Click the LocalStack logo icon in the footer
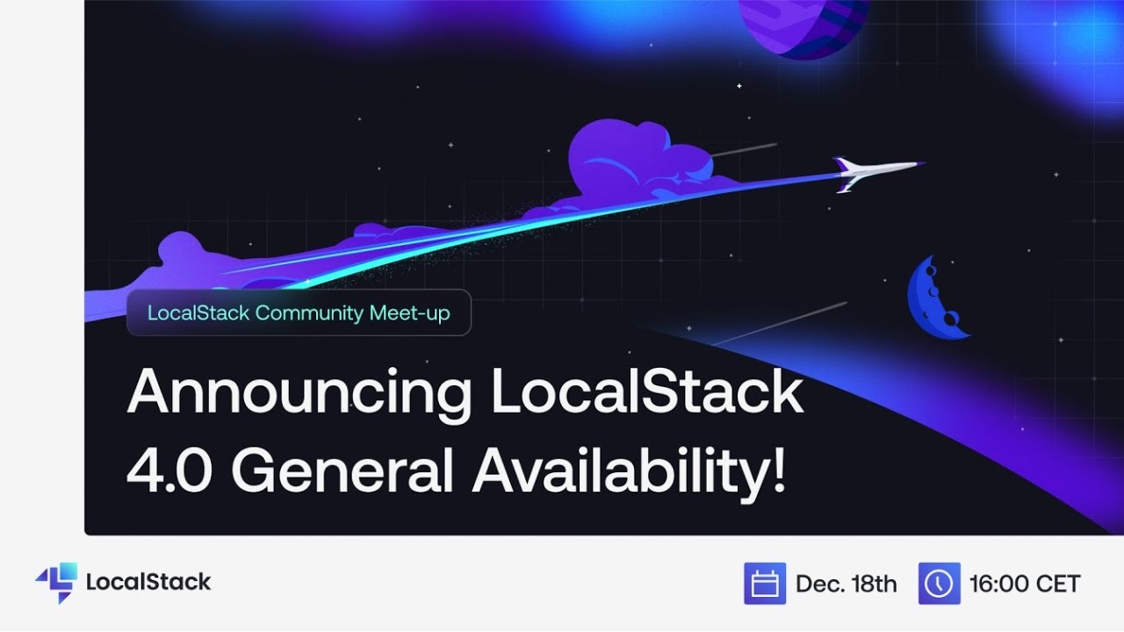pos(56,582)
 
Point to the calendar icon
pos(764,584)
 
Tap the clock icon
pos(939,584)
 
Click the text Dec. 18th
pos(846,584)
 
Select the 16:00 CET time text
pos(1024,584)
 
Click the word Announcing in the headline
pos(299,394)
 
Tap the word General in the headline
pos(342,471)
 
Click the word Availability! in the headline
pos(628,471)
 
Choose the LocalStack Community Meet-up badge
pos(299,312)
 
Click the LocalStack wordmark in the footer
pos(148,582)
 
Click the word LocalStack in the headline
pos(646,394)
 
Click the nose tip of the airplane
pos(922,163)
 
